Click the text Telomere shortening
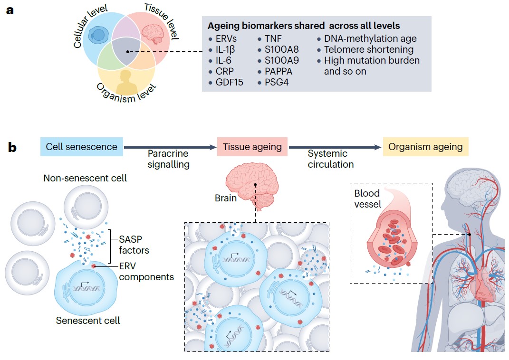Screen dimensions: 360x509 coord(369,49)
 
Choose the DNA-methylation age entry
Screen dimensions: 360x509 coord(370,38)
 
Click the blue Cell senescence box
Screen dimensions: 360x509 coord(81,146)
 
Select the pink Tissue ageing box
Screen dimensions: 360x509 coord(252,146)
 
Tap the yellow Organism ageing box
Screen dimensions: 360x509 coord(425,146)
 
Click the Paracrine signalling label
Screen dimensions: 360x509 coord(168,159)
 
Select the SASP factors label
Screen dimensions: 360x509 coord(134,245)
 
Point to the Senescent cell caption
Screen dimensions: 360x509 coord(88,320)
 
